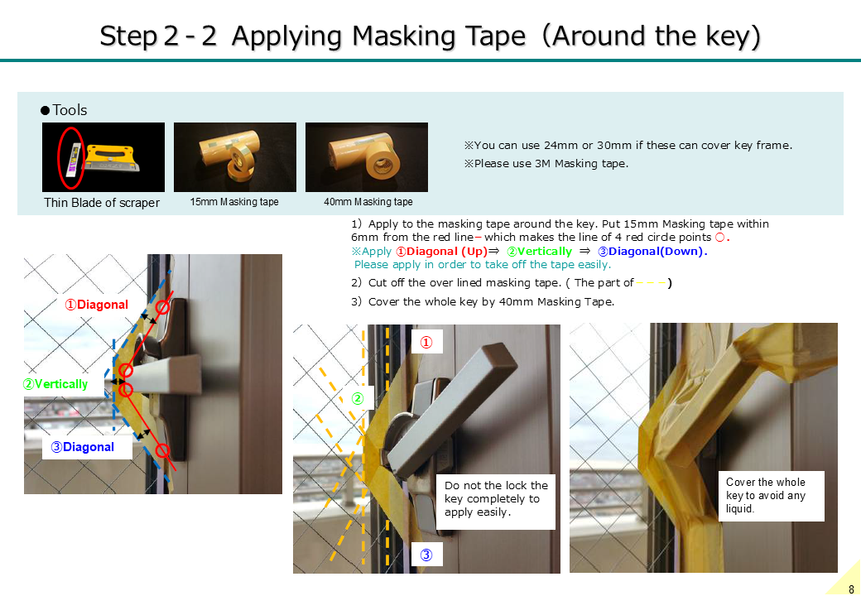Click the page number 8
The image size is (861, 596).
point(851,589)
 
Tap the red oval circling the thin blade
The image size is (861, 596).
point(59,158)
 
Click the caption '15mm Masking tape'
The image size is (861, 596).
point(234,202)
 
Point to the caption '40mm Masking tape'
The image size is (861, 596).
point(368,202)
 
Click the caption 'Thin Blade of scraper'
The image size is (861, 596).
point(102,203)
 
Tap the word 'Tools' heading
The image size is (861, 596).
point(70,110)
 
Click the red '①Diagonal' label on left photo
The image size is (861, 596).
point(97,305)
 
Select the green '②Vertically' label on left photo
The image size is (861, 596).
point(55,384)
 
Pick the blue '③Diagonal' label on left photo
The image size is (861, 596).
point(82,447)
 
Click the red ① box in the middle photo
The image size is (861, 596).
point(426,343)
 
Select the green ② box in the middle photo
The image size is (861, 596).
point(358,398)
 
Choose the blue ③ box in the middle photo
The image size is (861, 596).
point(426,555)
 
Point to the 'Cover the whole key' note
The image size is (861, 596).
point(771,496)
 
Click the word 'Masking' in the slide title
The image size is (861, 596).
point(404,36)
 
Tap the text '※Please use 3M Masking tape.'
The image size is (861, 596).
point(546,164)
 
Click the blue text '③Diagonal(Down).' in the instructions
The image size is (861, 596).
point(652,252)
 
